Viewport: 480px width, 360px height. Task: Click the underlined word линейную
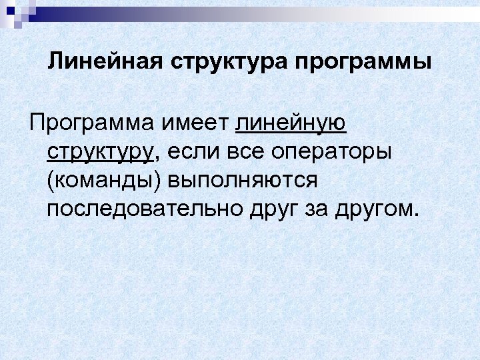[x=291, y=123]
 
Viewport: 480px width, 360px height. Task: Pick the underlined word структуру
[x=101, y=153]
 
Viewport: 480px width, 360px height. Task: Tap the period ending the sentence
[x=417, y=215]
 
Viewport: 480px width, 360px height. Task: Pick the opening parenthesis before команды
[x=51, y=181]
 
